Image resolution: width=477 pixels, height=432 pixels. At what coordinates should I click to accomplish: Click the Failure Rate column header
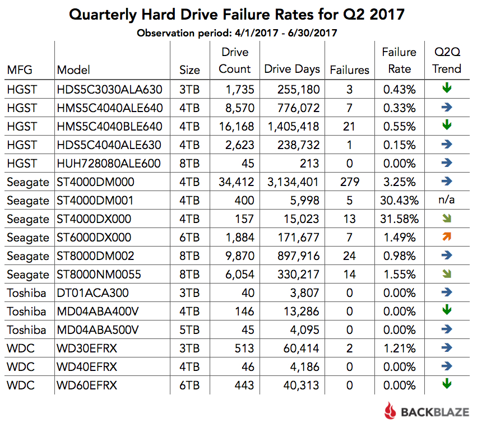pyautogui.click(x=399, y=61)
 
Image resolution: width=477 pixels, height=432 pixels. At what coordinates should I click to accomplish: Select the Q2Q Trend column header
pyautogui.click(x=447, y=61)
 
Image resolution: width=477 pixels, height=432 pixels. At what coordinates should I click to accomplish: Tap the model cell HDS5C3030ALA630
pyautogui.click(x=109, y=89)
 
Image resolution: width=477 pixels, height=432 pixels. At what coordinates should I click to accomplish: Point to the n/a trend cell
pyautogui.click(x=447, y=200)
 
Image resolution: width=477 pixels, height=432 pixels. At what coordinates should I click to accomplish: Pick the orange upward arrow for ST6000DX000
pyautogui.click(x=447, y=236)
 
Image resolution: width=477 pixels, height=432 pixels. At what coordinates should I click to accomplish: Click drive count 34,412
pyautogui.click(x=235, y=182)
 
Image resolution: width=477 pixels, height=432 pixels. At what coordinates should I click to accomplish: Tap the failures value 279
pyautogui.click(x=349, y=182)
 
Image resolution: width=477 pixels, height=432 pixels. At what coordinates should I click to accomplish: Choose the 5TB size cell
pyautogui.click(x=189, y=329)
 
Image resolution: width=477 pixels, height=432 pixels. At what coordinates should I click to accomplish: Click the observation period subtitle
pyautogui.click(x=237, y=32)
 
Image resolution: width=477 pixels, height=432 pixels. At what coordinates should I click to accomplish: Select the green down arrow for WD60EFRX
pyautogui.click(x=447, y=384)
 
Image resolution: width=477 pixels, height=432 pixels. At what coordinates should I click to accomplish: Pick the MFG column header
pyautogui.click(x=20, y=69)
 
